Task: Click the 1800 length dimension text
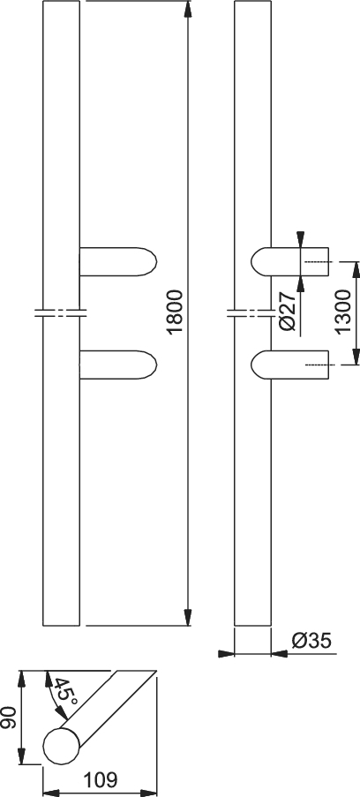click(175, 312)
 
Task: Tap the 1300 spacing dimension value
click(343, 312)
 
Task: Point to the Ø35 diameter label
click(311, 642)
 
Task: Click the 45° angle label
click(65, 693)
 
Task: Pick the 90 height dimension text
click(9, 718)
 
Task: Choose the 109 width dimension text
click(101, 779)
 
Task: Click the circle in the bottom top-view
click(62, 746)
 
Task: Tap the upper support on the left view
click(118, 262)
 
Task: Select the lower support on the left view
click(118, 365)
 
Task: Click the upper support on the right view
click(289, 262)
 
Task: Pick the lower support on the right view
click(289, 365)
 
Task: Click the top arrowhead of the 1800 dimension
click(188, 10)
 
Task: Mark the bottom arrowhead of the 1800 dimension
click(188, 617)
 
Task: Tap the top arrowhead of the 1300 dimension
click(356, 270)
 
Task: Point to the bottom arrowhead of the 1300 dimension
click(356, 357)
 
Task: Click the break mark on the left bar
click(61, 312)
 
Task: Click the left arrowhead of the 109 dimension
click(52, 793)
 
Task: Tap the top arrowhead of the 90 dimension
click(21, 680)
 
